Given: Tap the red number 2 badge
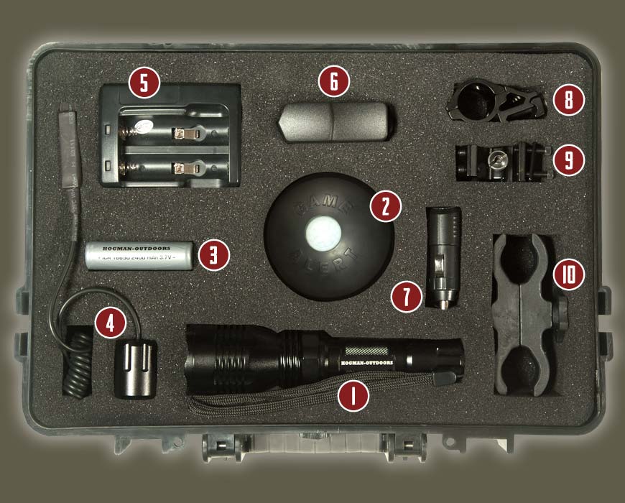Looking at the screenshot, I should [x=384, y=206].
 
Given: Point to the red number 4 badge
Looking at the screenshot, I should [x=109, y=323].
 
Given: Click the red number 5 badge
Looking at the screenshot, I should [x=144, y=84].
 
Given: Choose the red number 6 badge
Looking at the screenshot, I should [x=333, y=83].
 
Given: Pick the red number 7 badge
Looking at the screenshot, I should [x=407, y=296].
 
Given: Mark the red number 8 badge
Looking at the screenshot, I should [x=569, y=100].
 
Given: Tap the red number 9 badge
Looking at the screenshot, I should [x=569, y=159].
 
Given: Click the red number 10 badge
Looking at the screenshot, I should [x=569, y=274].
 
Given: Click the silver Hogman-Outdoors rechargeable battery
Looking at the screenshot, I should [x=139, y=255].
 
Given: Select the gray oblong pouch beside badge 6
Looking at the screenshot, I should [x=334, y=121].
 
